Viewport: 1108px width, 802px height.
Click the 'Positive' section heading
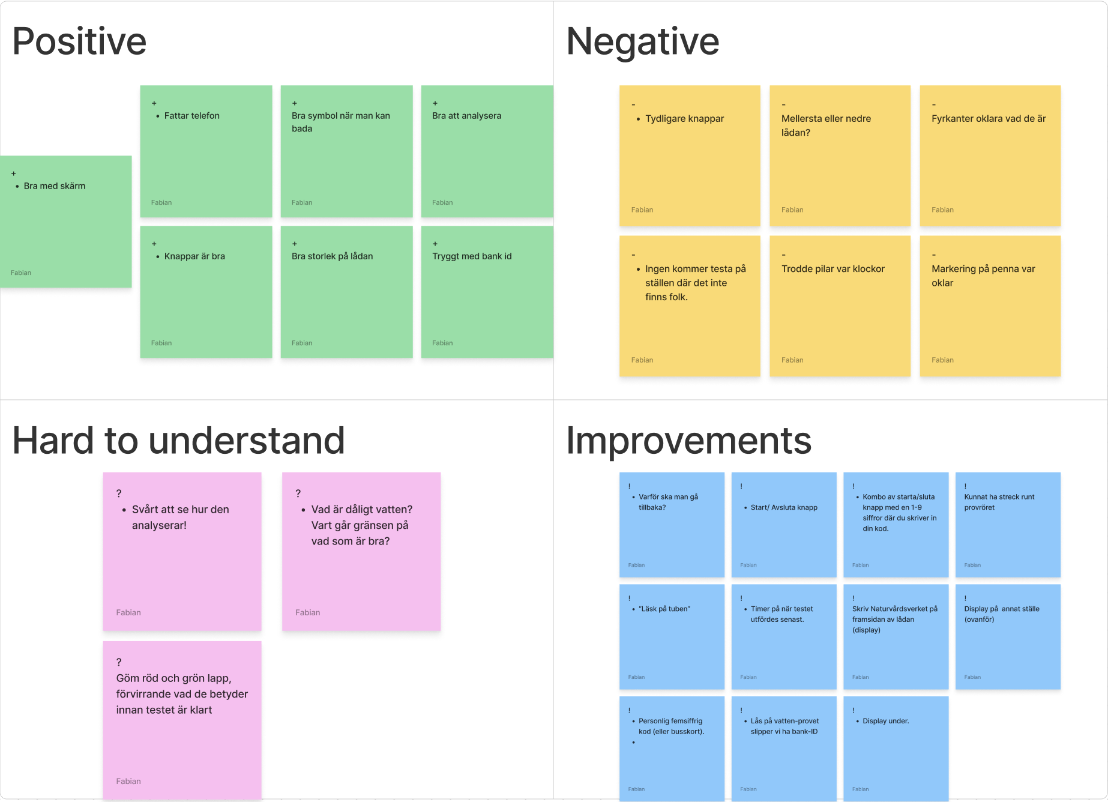[x=79, y=41]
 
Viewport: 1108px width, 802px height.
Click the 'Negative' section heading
[x=642, y=41]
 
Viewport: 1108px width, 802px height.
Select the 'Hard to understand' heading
[x=178, y=440]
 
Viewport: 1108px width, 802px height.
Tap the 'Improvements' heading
[x=688, y=440]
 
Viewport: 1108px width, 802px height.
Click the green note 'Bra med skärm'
[x=65, y=222]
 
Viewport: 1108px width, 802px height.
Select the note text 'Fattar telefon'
[x=192, y=116]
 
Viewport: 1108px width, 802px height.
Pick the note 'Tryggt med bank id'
[x=487, y=292]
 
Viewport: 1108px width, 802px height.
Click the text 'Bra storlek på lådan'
[x=332, y=256]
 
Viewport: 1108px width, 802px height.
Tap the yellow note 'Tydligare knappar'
[x=690, y=156]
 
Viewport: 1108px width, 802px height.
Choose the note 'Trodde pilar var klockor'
[x=840, y=306]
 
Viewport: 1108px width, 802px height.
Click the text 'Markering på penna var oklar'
[x=983, y=276]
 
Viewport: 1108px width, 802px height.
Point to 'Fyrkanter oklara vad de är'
[x=989, y=119]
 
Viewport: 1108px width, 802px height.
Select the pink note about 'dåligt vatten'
[x=361, y=552]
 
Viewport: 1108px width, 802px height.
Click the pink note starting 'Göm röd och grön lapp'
[x=182, y=720]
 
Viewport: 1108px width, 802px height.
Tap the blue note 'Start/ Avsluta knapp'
[x=784, y=525]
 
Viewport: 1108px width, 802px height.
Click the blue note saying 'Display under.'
[x=896, y=749]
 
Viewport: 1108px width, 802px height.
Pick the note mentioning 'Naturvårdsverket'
[x=896, y=637]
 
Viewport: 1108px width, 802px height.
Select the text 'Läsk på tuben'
[x=664, y=609]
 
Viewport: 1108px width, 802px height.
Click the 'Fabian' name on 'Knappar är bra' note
[x=161, y=343]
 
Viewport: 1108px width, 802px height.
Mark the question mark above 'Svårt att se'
[x=119, y=493]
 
